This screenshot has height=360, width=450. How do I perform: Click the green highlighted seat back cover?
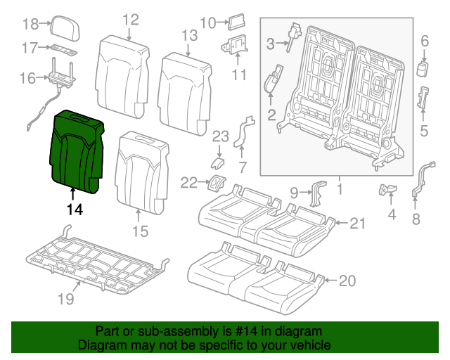pyautogui.click(x=77, y=149)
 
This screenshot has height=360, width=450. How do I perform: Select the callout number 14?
pyautogui.click(x=75, y=210)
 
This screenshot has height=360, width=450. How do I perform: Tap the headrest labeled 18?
pyautogui.click(x=64, y=27)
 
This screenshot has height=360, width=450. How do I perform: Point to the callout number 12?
pyautogui.click(x=130, y=19)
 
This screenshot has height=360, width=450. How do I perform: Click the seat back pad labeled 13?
pyautogui.click(x=186, y=88)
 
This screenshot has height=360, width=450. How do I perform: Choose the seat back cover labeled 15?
pyautogui.click(x=145, y=172)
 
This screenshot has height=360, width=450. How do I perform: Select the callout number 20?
pyautogui.click(x=347, y=281)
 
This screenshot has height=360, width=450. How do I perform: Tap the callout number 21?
pyautogui.click(x=359, y=224)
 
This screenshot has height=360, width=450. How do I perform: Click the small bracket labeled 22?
pyautogui.click(x=215, y=184)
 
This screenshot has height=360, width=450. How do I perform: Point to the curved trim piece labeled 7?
pyautogui.click(x=243, y=134)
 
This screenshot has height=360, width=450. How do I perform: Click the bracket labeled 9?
pyautogui.click(x=318, y=193)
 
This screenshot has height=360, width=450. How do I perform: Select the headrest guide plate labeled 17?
pyautogui.click(x=63, y=49)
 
